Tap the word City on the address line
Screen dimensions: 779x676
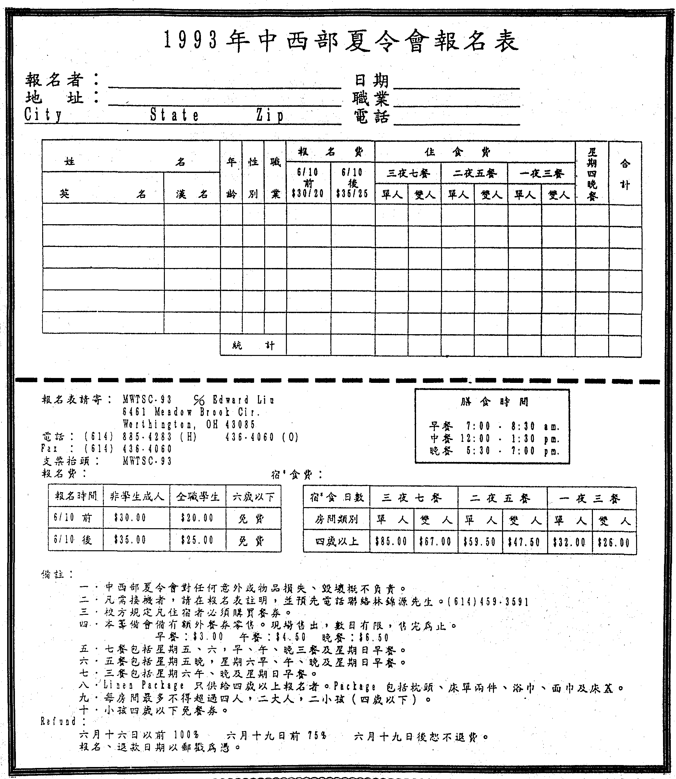pyautogui.click(x=43, y=115)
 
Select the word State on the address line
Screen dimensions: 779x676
pyautogui.click(x=174, y=115)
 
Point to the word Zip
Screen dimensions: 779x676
pyautogui.click(x=269, y=115)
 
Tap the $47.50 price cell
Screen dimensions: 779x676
pyautogui.click(x=524, y=542)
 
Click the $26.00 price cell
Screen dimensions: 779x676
pyautogui.click(x=614, y=542)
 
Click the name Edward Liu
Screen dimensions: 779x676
pyautogui.click(x=243, y=400)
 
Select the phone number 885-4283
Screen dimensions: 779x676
pyautogui.click(x=147, y=437)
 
